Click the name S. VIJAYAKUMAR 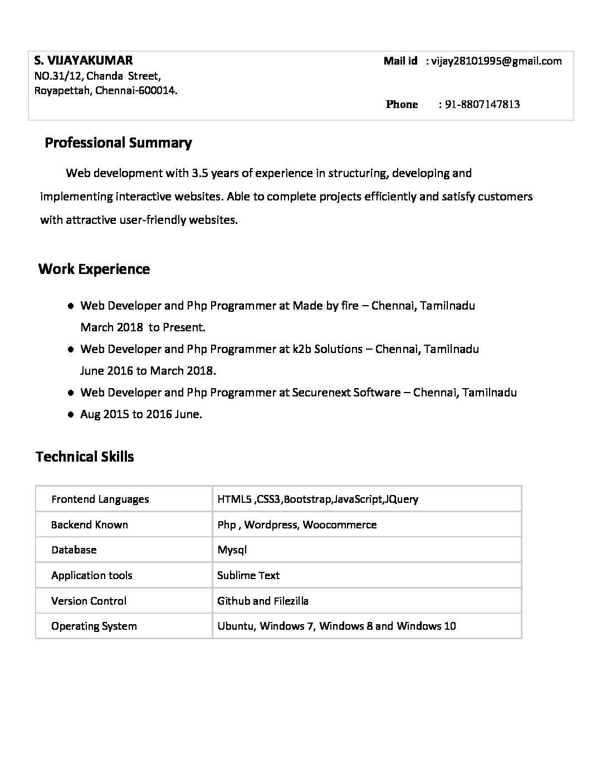(84, 60)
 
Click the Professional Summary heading (118, 143)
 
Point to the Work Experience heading (94, 269)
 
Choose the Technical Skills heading (85, 457)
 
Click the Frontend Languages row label (100, 499)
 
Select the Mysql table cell (232, 550)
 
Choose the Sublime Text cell (248, 575)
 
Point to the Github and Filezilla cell (263, 601)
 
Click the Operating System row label (94, 626)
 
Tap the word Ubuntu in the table (236, 626)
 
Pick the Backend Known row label (90, 525)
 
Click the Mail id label (400, 61)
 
